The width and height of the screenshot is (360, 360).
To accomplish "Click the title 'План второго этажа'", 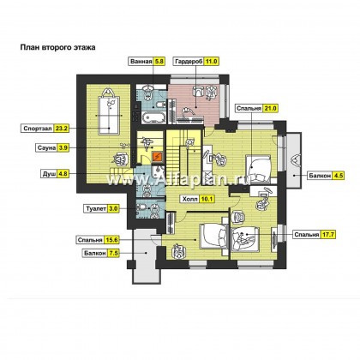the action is pyautogui.click(x=57, y=47).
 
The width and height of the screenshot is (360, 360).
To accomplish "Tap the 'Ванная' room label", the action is pyautogui.click(x=141, y=62).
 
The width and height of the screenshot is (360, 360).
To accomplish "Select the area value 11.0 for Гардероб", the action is pyautogui.click(x=212, y=62).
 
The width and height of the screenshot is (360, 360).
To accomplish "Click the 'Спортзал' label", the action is pyautogui.click(x=38, y=129).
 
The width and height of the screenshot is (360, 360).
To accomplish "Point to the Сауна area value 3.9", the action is pyautogui.click(x=63, y=147).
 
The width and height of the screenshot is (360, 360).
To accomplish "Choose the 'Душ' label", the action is pyautogui.click(x=49, y=174).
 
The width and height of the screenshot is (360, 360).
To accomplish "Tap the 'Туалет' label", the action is pyautogui.click(x=96, y=209).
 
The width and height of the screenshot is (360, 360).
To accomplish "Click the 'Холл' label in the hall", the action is pyautogui.click(x=189, y=199).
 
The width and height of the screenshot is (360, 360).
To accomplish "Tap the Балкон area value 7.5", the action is pyautogui.click(x=113, y=253).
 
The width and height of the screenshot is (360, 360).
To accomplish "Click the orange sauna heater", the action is pyautogui.click(x=158, y=157).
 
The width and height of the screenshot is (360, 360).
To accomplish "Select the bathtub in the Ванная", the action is pyautogui.click(x=153, y=117).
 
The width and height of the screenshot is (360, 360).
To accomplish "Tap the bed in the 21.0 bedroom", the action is pyautogui.click(x=258, y=169).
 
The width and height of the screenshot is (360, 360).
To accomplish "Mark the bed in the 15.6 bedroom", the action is pyautogui.click(x=214, y=236).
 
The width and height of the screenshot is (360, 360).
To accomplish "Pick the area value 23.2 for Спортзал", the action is pyautogui.click(x=62, y=129).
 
